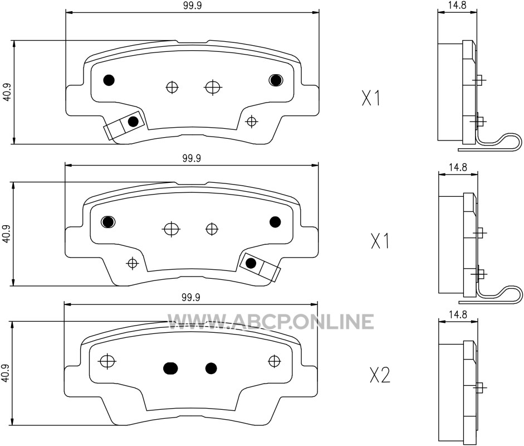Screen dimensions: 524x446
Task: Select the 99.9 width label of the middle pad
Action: [192, 158]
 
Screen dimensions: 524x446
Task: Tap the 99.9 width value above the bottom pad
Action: [191, 297]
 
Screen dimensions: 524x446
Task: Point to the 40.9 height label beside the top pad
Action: [7, 92]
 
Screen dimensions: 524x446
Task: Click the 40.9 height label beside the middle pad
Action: [6, 234]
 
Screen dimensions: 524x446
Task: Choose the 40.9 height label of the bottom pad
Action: [6, 374]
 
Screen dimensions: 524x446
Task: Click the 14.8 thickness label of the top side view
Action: [458, 5]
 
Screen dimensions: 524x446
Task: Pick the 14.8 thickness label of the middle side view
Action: [458, 167]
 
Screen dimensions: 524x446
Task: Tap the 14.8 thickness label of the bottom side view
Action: [458, 314]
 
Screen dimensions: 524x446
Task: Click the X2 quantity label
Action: [380, 375]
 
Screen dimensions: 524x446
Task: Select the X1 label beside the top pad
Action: [371, 98]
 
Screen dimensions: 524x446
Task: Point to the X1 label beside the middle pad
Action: [380, 241]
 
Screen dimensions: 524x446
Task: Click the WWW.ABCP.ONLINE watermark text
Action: [271, 322]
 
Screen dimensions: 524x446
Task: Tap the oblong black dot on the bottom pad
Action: [170, 368]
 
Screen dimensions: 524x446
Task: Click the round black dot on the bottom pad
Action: [211, 368]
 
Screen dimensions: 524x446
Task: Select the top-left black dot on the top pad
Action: [109, 80]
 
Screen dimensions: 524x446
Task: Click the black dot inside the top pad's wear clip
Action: [133, 121]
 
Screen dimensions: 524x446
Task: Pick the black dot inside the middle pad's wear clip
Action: [250, 263]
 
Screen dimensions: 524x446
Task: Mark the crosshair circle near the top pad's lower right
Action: [251, 121]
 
